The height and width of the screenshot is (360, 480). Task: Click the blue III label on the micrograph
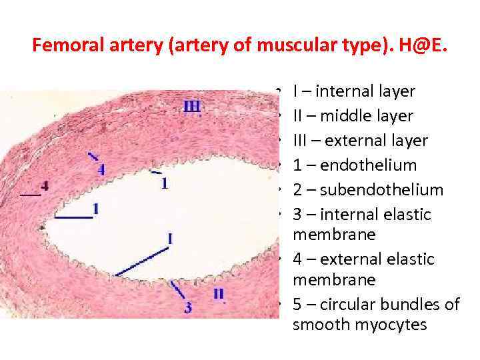pos(192,107)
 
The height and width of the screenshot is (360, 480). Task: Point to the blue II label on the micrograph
pos(219,293)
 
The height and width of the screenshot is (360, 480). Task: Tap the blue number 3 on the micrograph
pos(188,307)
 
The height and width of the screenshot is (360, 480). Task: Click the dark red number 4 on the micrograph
pos(45,186)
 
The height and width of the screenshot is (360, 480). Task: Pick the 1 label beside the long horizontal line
pos(96,209)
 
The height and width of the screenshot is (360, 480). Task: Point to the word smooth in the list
pos(317,326)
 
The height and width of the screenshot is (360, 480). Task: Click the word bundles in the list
pos(403,305)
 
